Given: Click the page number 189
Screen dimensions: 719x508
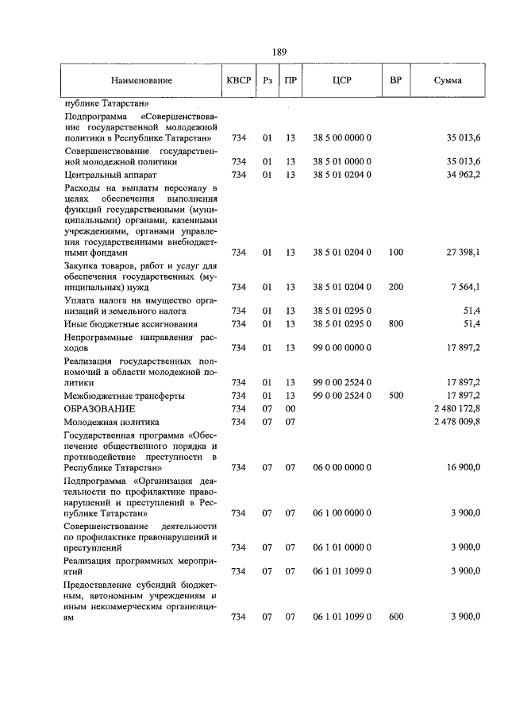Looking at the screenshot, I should tap(279, 52).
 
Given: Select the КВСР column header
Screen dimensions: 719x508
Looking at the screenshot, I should tap(238, 81).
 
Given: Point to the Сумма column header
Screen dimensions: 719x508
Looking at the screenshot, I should tap(448, 81).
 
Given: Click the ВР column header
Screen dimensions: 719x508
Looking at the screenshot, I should tap(395, 81).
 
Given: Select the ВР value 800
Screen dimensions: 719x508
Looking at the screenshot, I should tap(395, 324).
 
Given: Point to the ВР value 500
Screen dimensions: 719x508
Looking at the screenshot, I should tap(395, 395).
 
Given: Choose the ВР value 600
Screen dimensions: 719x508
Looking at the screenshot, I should tap(395, 617).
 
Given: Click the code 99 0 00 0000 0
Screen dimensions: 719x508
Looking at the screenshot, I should tap(342, 347).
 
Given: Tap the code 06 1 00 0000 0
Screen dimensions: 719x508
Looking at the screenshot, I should tap(342, 513).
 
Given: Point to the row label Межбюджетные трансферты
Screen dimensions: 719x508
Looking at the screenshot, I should tap(125, 395).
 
